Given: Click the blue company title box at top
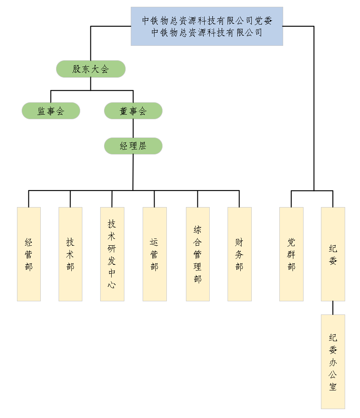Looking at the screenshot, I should point(207,26).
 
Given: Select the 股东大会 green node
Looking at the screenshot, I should point(91,69).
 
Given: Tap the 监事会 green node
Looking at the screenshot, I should point(51,111).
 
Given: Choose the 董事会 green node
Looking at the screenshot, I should point(133,111).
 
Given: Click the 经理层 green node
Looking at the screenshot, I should point(133,146).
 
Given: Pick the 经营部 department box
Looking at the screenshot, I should point(29,254).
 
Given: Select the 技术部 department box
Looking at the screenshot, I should point(70,254).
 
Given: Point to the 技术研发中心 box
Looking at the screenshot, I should point(112,254).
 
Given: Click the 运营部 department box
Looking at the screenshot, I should point(155,254).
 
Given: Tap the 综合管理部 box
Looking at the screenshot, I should point(198,254).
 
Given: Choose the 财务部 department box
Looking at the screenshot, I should point(239,254).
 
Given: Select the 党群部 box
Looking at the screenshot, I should point(291,254).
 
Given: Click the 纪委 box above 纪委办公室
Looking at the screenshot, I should point(333,254).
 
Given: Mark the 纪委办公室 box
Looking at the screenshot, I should point(333,362).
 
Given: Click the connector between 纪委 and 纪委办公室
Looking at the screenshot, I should point(333,308).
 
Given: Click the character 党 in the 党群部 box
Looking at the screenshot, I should point(291,242).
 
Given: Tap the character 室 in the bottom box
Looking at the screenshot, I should point(333,387).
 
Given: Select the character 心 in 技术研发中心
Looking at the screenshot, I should point(112,284).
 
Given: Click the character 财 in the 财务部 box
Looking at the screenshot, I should point(239,242).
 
